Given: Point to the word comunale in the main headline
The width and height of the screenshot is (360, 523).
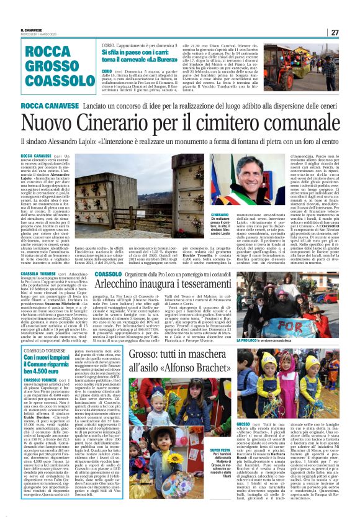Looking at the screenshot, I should click(295, 126).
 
